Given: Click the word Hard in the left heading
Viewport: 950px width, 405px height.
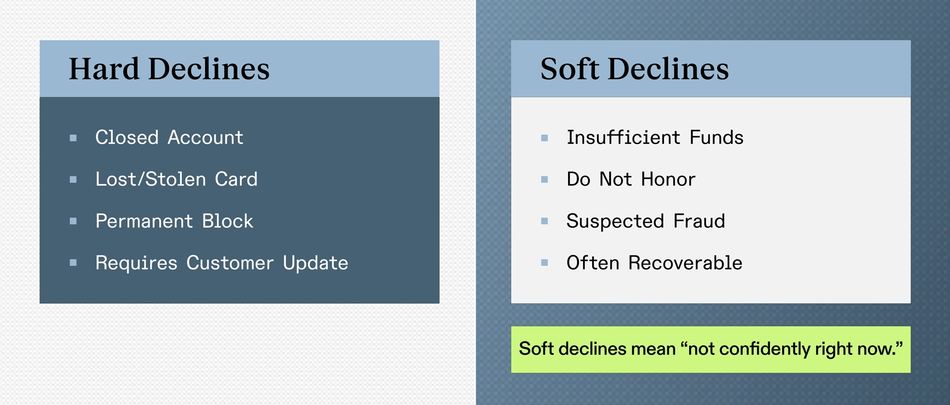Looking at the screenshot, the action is click(104, 69).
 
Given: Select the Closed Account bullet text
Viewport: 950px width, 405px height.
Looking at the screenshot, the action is click(169, 138).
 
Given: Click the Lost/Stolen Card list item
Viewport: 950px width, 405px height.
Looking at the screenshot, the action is click(176, 179).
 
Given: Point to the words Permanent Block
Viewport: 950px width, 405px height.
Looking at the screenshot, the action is click(175, 221).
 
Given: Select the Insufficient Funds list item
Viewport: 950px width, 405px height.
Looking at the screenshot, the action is click(655, 138).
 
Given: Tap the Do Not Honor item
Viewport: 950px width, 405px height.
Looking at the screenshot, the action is click(631, 179).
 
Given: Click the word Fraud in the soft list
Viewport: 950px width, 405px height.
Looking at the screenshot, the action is click(699, 221).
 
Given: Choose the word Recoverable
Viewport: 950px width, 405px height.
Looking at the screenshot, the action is click(685, 263).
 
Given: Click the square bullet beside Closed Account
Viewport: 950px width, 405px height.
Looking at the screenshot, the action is click(74, 138).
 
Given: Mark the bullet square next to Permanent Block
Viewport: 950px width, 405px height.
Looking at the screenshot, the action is click(74, 221).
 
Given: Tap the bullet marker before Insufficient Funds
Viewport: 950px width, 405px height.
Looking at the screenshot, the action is click(545, 138).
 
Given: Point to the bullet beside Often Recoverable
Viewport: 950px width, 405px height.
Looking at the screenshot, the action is click(545, 263).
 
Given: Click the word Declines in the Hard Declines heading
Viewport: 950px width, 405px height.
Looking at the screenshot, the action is click(209, 69).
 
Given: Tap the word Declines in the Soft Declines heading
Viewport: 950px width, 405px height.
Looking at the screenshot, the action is click(668, 69).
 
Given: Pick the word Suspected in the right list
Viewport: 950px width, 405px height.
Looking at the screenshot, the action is click(615, 221).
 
